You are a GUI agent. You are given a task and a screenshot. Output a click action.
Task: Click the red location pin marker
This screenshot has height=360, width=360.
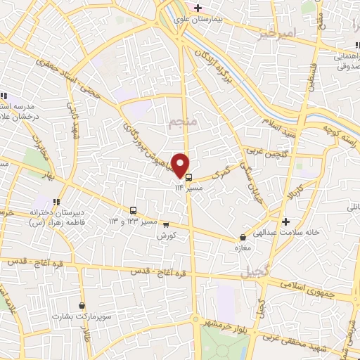pos(181,165)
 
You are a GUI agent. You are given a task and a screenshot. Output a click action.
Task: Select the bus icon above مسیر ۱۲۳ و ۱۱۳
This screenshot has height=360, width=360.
pos(133,210)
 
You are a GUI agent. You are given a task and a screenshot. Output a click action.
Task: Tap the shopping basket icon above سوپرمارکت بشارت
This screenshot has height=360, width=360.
pos(83,306)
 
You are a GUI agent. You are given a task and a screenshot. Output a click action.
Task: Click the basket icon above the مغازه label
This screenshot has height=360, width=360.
pos(242,238)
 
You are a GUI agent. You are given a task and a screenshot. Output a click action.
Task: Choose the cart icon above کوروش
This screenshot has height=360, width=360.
pos(166,225)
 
